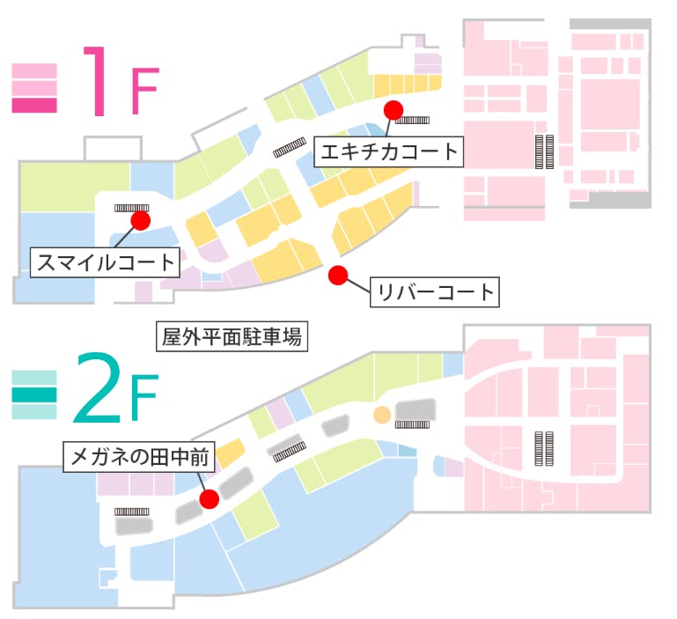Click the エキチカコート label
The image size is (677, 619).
point(389,151)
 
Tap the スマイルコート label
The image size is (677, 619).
point(105,262)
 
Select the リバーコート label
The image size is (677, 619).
point(434,291)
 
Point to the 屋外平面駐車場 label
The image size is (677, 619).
point(232,336)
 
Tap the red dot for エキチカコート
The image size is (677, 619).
point(393,109)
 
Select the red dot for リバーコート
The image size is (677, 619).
point(335,276)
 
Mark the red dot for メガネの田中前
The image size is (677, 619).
point(210,499)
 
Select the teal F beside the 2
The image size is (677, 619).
point(143,402)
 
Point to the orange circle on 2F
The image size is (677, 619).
point(382,414)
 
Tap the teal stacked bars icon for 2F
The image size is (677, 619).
point(34,394)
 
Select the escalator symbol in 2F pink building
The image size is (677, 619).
point(544,447)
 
